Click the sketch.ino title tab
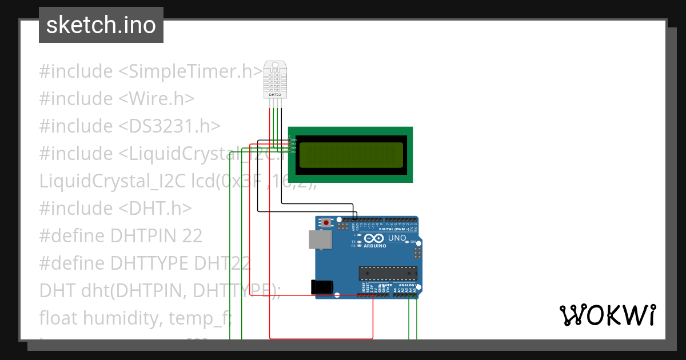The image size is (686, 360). [101, 25]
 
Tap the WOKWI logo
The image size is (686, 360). [607, 315]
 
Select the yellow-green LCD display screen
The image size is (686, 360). [350, 155]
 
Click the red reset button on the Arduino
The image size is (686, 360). [326, 222]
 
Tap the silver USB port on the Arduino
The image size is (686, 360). [319, 240]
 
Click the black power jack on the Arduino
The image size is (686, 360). [321, 287]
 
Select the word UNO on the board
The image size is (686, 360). [397, 238]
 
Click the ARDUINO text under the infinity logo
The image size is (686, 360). [374, 246]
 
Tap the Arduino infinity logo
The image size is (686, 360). [374, 238]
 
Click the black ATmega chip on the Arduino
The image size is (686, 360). [388, 274]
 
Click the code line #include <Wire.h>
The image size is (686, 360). [117, 98]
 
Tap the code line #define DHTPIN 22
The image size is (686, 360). [121, 235]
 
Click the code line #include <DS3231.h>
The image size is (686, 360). [130, 126]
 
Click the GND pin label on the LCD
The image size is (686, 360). [294, 139]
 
